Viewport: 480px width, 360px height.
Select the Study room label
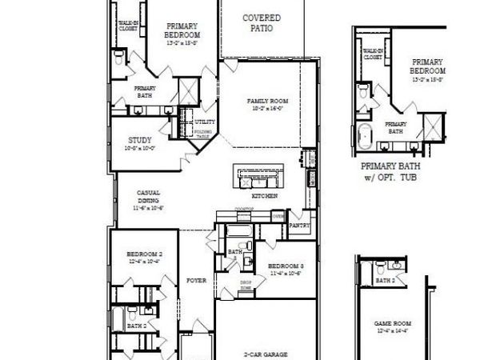click(140, 140)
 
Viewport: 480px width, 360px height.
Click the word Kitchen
click(265, 196)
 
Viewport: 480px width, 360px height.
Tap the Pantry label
click(299, 226)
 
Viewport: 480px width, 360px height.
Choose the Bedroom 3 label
click(286, 266)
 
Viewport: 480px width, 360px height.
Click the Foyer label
click(197, 281)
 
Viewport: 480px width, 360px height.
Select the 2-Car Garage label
click(266, 353)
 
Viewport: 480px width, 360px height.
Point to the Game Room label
click(393, 323)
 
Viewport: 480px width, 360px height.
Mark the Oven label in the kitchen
click(278, 216)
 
